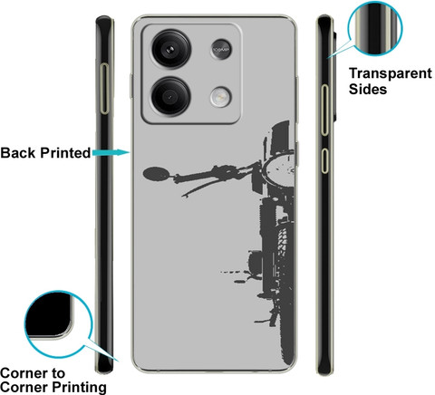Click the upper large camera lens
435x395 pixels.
point(171,49)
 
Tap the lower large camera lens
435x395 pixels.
point(170,96)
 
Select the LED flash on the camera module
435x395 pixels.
point(221,97)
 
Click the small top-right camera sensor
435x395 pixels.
point(221,49)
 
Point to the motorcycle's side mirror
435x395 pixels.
point(156,174)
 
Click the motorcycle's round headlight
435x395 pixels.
point(279,170)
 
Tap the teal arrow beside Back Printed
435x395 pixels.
point(111,152)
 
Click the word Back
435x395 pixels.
point(18,153)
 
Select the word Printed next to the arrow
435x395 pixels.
point(65,153)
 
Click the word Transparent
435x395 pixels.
point(391,73)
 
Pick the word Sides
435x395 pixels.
point(368,90)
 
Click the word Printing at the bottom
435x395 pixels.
point(79,387)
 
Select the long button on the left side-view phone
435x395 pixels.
point(104,89)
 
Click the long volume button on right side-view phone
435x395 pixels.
point(324,110)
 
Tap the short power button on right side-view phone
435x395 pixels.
point(324,160)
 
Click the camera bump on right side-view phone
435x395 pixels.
point(334,75)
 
